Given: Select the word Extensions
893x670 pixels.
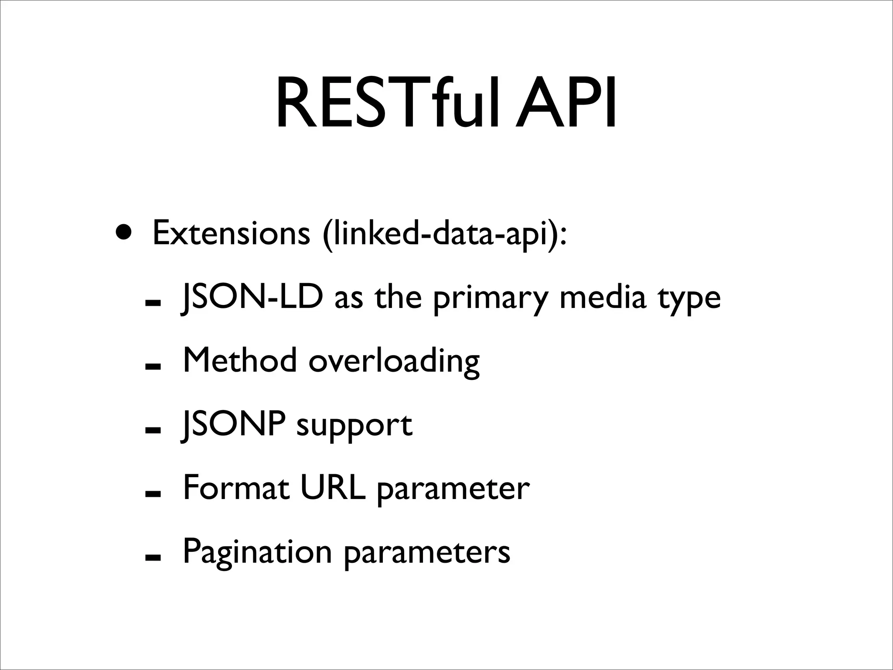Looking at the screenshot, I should pyautogui.click(x=231, y=233).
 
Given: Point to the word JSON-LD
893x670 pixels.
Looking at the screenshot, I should pyautogui.click(x=252, y=297).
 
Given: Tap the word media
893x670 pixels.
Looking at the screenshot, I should pyautogui.click(x=602, y=297).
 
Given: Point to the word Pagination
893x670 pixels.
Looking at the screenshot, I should pyautogui.click(x=257, y=553).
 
